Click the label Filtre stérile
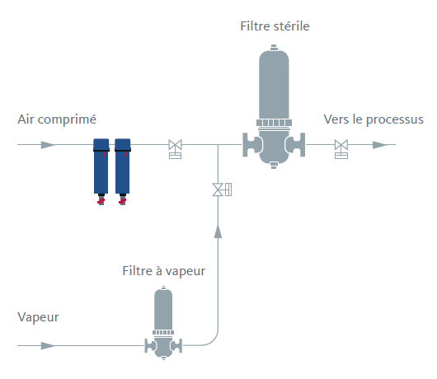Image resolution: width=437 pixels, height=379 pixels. pos(275,26)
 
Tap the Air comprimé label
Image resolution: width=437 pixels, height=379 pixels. pos(57,119)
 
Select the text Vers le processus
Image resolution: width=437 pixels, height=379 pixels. pos(374,119)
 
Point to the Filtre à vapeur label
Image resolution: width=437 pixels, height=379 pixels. pos(164,271)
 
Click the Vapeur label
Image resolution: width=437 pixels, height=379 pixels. pos(38,317)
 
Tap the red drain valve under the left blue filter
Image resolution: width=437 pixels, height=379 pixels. pos(101,201)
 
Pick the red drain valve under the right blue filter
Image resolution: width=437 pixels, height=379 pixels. pos(122,201)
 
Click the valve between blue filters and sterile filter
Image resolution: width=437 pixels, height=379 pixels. pos(176,149)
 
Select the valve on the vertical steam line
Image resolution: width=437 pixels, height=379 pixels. pos(222,189)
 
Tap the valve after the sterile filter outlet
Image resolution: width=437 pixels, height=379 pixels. pos(341,149)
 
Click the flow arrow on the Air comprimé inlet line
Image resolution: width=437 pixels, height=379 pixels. pos(48,145)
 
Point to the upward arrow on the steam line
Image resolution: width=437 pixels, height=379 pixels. pos(218,232)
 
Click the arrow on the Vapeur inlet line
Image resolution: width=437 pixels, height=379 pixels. pos(48,346)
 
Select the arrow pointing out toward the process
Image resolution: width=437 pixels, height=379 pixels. pos(380,145)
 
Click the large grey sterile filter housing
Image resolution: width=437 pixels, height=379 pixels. pos(274,106)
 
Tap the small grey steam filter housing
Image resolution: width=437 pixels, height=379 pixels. pos(163,323)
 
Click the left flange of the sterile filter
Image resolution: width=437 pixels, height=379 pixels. pos(251,145)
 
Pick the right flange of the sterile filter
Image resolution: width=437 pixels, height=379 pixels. pos(297,145)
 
